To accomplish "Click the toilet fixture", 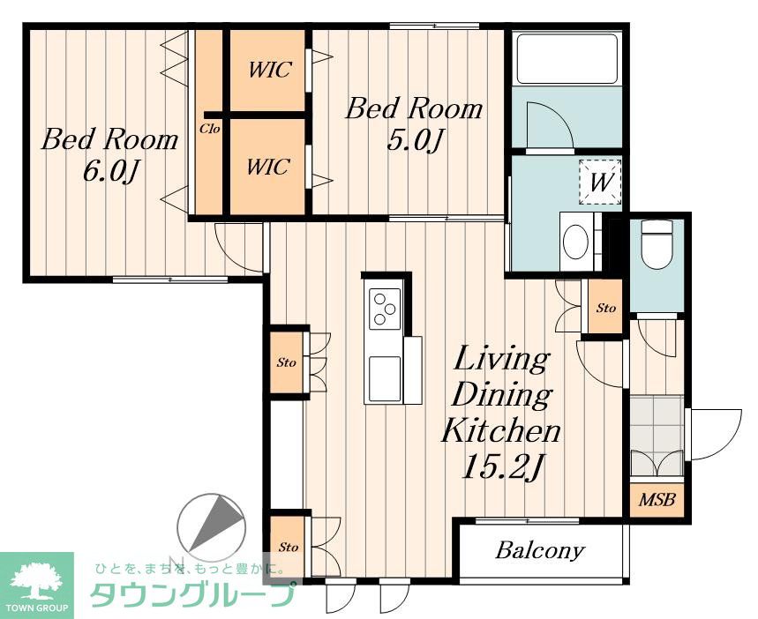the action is pos(657,244).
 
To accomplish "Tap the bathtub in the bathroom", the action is pos(567,59).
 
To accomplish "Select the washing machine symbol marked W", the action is pos(600,183).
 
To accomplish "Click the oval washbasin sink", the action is pos(575,241).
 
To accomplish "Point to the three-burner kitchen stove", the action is pos(385,309).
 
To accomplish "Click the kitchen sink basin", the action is pos(385,378).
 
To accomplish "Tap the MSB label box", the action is pos(657,499).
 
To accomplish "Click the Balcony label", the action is pos(540,551).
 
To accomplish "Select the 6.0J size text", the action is pos(112,172).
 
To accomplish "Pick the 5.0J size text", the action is pos(416,141).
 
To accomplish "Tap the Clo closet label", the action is pos(210,129).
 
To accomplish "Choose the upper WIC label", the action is pos(270,70).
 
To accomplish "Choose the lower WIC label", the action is pos(268,168).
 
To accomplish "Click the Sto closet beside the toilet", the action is pos(605,308).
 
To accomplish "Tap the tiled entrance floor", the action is pos(657,435).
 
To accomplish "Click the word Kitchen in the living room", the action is pos(501,431).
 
